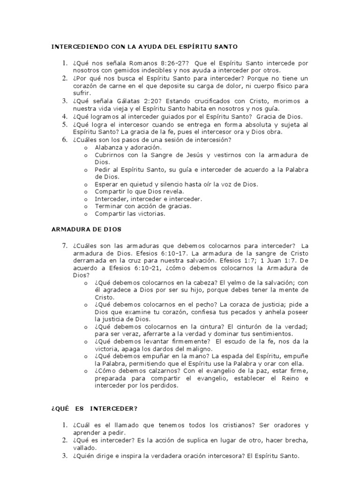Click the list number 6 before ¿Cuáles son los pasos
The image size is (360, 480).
click(x=65, y=139)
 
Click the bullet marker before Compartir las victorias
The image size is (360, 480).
click(x=86, y=214)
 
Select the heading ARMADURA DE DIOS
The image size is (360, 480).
click(x=86, y=230)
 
